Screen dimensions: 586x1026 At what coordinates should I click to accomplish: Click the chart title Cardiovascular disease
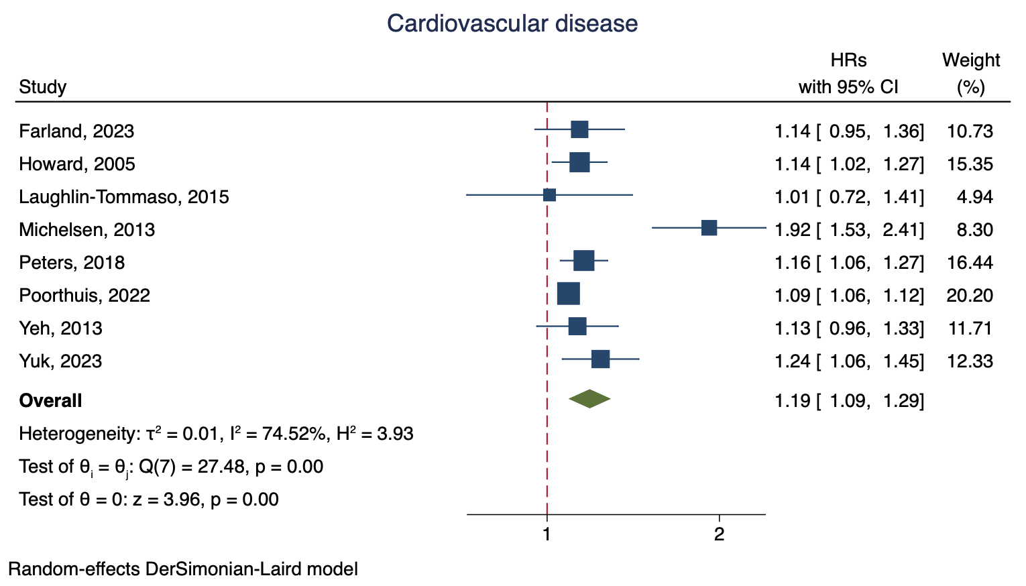coord(512,24)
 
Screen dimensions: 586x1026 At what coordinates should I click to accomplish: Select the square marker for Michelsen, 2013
coord(709,228)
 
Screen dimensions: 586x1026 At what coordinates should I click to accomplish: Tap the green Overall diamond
coord(589,399)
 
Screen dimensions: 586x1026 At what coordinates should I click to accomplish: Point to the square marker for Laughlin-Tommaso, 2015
coord(549,195)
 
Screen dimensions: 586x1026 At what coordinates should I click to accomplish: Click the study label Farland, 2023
coord(76,131)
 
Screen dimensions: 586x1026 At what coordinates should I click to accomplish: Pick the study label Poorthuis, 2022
coord(84,295)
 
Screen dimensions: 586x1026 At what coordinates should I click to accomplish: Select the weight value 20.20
coord(970,295)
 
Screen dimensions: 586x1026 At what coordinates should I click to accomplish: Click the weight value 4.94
coord(976,196)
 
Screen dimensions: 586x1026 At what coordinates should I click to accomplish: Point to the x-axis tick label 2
coord(719,535)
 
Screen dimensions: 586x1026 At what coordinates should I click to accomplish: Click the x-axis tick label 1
coord(547,535)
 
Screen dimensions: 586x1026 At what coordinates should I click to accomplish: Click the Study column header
coord(43,87)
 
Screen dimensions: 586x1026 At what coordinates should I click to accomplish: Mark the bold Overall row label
coord(50,400)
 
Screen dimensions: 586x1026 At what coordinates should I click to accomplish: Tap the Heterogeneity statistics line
coord(216,434)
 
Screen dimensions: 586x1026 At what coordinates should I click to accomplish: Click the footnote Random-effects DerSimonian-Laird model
coord(183,569)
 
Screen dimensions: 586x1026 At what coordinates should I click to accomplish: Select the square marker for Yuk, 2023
coord(600,359)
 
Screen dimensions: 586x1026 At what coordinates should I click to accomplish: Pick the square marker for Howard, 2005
coord(579,162)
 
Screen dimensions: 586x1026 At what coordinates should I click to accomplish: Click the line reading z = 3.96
coord(149,500)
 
